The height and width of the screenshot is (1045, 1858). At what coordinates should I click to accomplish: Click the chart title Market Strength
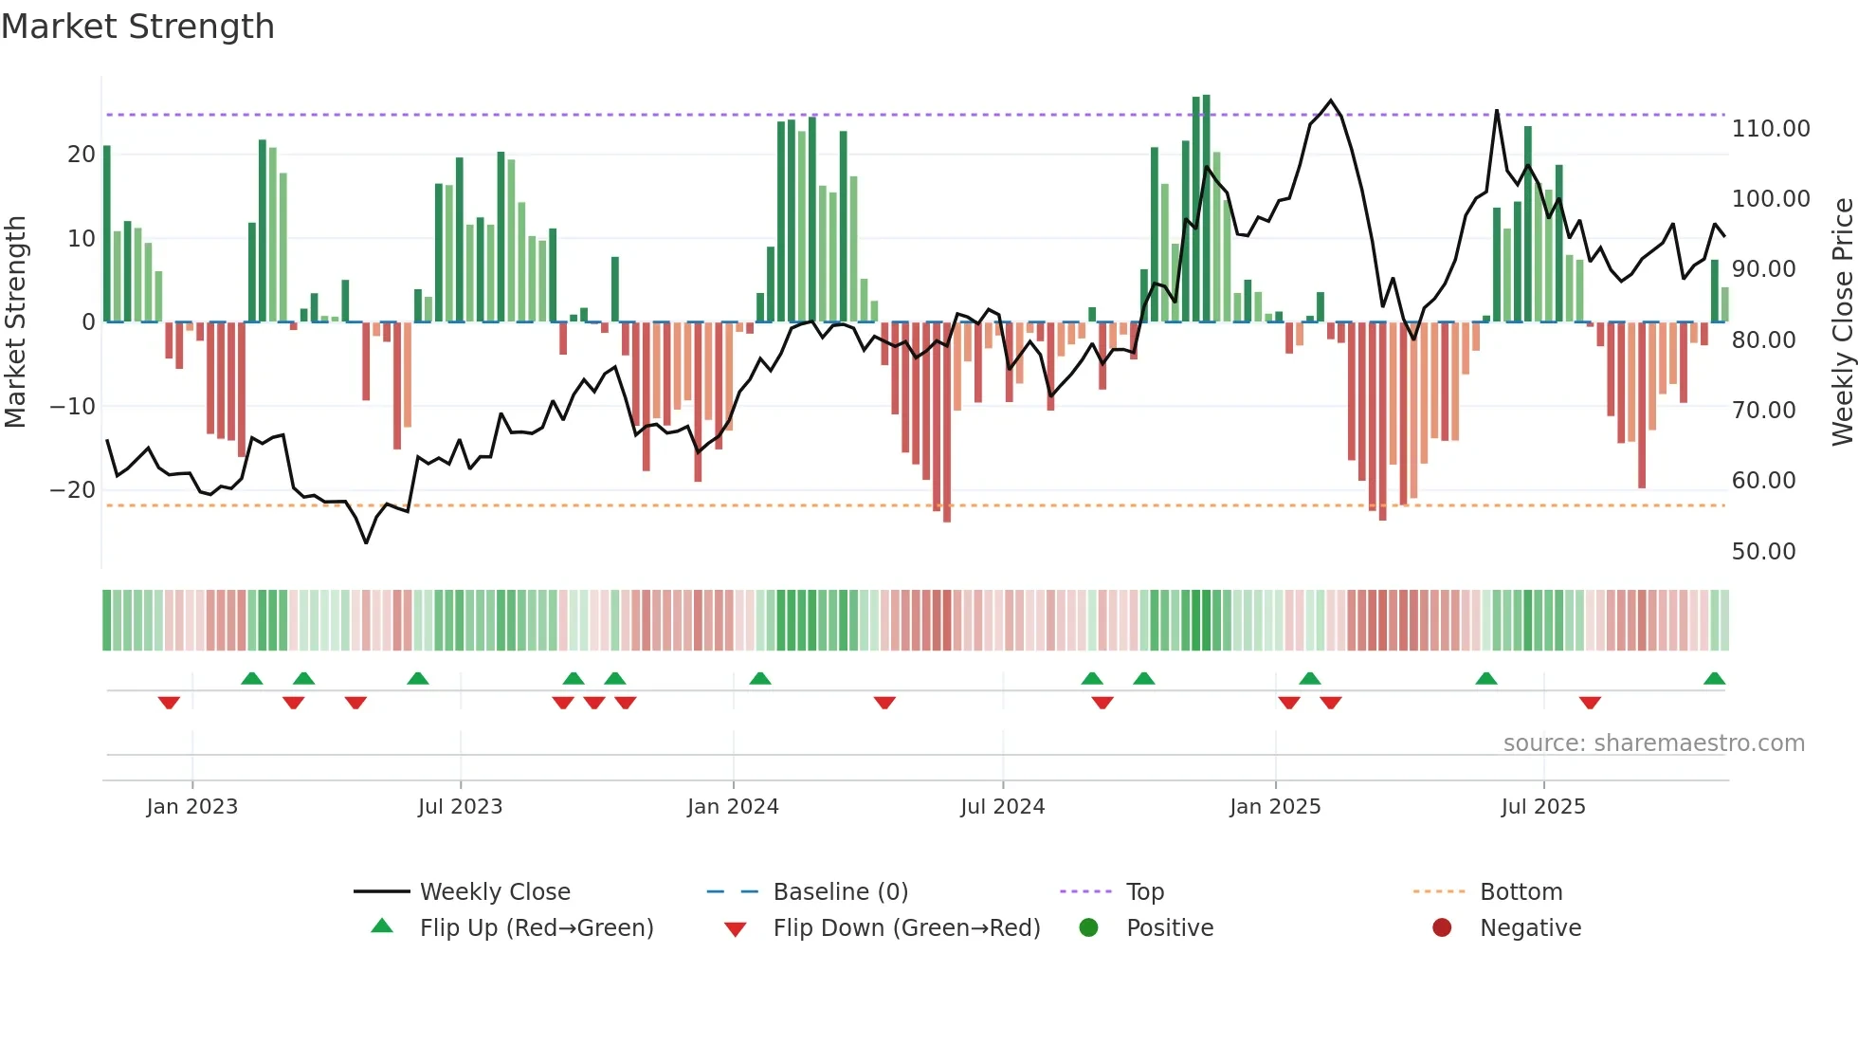(137, 27)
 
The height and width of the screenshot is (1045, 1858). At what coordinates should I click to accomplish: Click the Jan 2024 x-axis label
(733, 807)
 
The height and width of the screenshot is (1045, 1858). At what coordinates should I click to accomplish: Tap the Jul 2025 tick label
(1543, 807)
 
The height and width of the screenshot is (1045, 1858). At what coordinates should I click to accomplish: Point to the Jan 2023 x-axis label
(192, 807)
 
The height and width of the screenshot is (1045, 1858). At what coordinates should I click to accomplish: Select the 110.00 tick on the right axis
(1770, 129)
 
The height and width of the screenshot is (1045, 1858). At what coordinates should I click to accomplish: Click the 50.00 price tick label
(1763, 552)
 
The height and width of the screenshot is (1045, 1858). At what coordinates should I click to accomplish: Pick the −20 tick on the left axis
(73, 490)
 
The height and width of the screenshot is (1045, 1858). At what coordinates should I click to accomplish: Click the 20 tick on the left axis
(82, 155)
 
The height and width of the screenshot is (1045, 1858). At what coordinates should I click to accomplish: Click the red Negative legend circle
(1442, 928)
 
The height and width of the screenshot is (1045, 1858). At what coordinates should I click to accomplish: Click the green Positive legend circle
(1088, 928)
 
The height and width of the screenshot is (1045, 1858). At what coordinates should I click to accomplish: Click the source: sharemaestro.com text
(1653, 743)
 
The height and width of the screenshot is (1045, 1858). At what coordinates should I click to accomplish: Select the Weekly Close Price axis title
(1842, 322)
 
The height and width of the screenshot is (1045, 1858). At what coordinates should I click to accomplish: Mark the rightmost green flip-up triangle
(1714, 679)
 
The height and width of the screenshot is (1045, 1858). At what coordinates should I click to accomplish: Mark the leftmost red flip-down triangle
(169, 703)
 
